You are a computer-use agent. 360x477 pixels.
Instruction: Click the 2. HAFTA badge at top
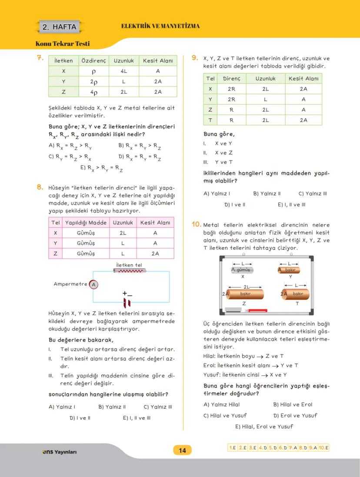coord(60,27)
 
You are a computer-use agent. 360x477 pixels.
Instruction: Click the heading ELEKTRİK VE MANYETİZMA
coord(160,26)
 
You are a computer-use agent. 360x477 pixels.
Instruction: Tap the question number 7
coord(39,58)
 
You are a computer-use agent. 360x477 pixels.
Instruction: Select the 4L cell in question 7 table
coord(123,71)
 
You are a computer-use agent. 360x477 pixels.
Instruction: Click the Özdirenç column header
coord(93,61)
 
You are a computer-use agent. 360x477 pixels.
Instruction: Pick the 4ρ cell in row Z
coord(93,92)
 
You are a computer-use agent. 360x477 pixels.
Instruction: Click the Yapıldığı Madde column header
coord(85,222)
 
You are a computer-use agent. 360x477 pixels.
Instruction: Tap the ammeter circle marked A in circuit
coord(93,285)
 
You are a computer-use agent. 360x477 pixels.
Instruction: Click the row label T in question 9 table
coord(210,120)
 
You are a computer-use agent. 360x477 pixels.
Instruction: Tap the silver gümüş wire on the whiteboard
coord(242,270)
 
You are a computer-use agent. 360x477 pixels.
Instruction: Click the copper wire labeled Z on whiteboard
coord(246,294)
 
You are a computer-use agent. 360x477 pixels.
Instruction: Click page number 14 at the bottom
coord(182,450)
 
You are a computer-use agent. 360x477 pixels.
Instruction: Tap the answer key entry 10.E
coord(323,447)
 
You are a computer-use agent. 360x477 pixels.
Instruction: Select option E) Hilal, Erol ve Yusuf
coord(264,426)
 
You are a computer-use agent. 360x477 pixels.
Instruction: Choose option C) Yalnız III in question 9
coord(313,194)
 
